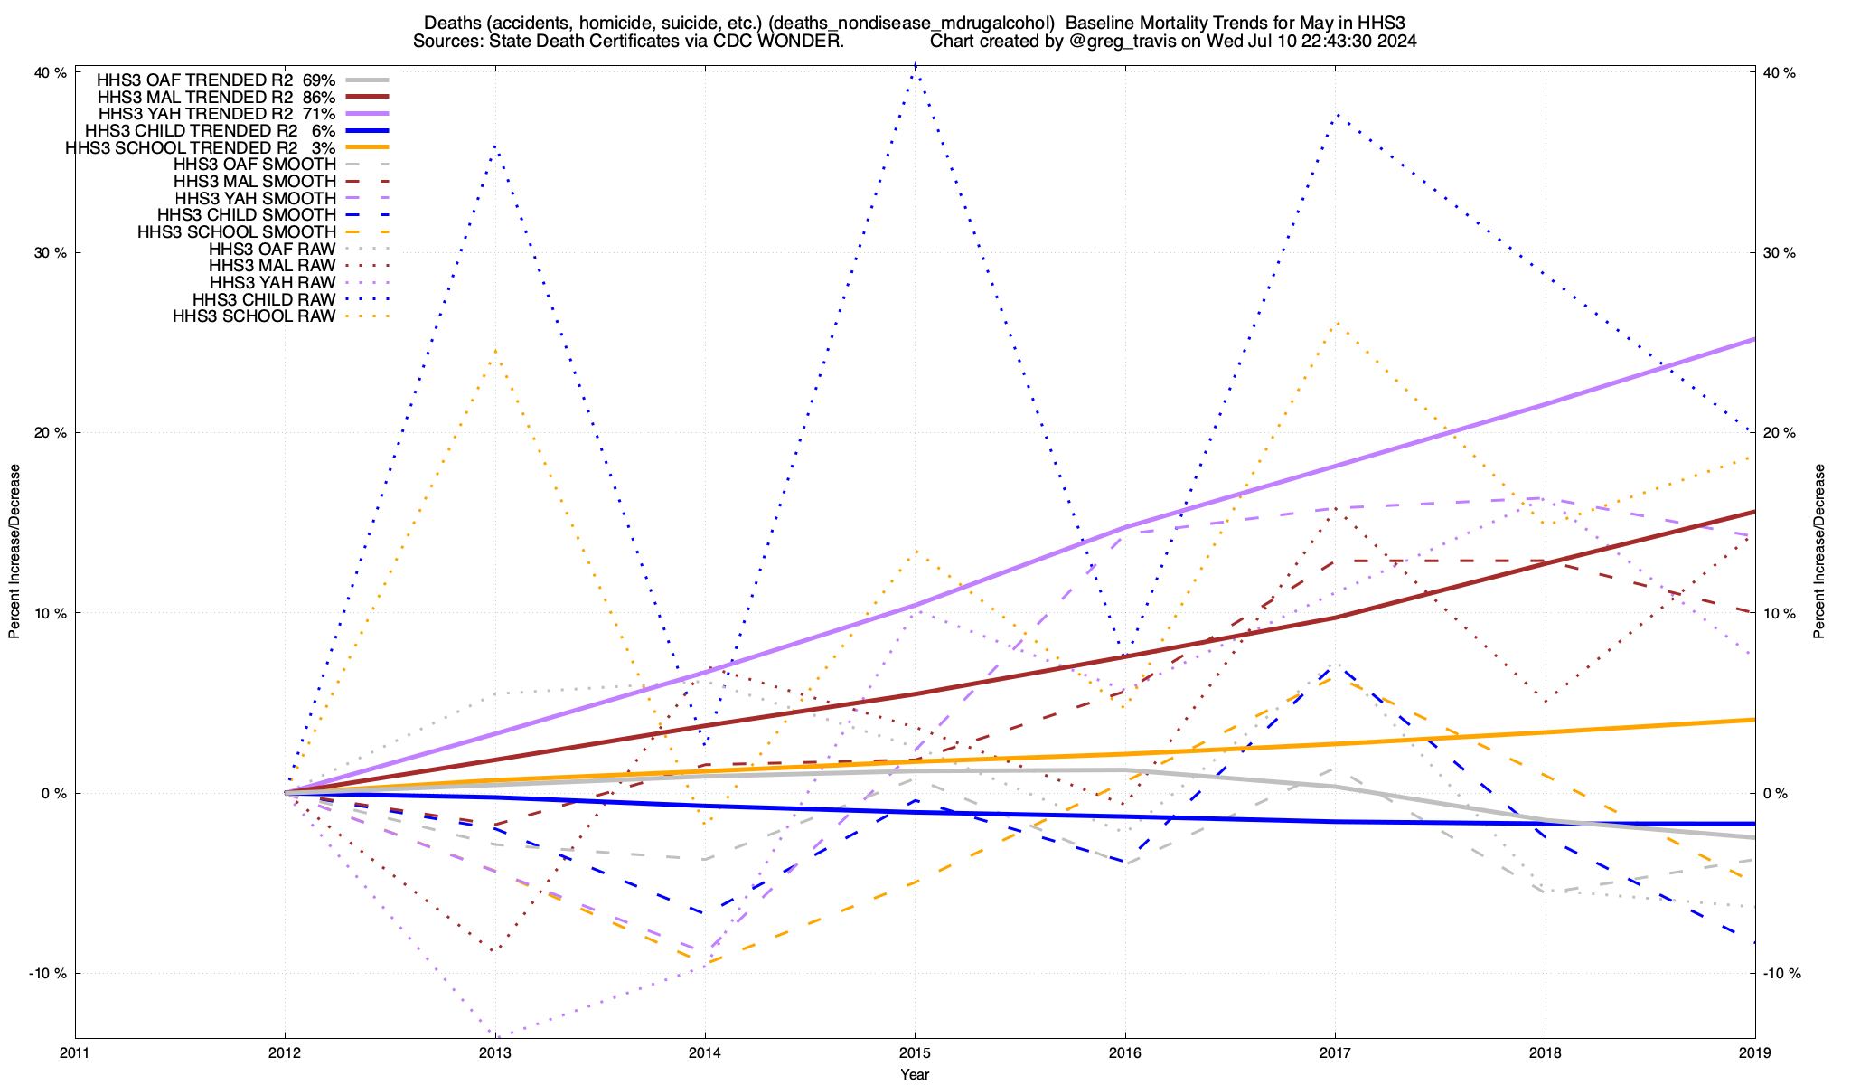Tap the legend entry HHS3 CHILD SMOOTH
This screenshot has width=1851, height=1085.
[x=247, y=215]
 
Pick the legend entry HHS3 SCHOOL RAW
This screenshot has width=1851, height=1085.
[x=254, y=316]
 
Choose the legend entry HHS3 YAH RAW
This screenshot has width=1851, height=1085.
[x=272, y=283]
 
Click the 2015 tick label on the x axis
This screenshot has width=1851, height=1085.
[x=915, y=1053]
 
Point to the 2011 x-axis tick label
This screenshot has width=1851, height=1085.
[x=75, y=1053]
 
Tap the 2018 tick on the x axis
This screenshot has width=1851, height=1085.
[x=1545, y=1053]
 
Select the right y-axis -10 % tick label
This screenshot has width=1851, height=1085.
[x=1782, y=974]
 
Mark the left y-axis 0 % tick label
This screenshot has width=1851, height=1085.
[x=55, y=794]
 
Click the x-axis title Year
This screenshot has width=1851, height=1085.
[x=915, y=1074]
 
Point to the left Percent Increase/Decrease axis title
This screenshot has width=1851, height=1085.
[x=14, y=552]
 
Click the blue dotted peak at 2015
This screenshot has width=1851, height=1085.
[x=916, y=65]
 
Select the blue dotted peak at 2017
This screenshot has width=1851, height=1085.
[x=1336, y=115]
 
